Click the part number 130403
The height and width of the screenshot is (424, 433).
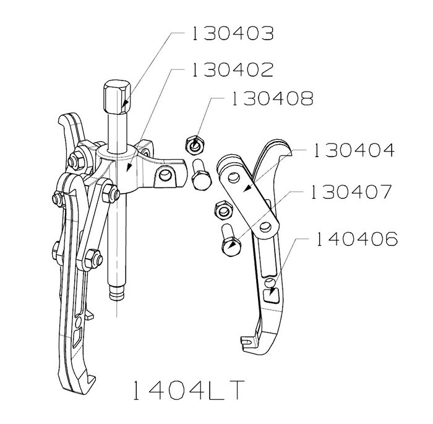(233, 33)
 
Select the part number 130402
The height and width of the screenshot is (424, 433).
(233, 69)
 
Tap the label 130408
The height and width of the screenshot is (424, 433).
(273, 98)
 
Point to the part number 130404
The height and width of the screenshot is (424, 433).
(354, 150)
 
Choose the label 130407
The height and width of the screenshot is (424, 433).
(351, 192)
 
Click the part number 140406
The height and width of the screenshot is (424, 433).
(356, 239)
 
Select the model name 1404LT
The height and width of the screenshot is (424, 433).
(189, 390)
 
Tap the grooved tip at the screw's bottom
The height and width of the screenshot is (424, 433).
(117, 293)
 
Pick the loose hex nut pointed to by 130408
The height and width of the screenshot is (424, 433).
(195, 145)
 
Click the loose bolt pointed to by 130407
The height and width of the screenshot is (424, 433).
(229, 240)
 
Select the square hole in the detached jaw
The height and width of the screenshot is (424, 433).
(273, 295)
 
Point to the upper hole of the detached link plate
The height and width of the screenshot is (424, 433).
(234, 176)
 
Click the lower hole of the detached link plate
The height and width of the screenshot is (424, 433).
(265, 227)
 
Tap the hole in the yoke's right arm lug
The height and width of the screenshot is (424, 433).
(165, 175)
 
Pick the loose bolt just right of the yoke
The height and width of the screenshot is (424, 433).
(201, 175)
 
